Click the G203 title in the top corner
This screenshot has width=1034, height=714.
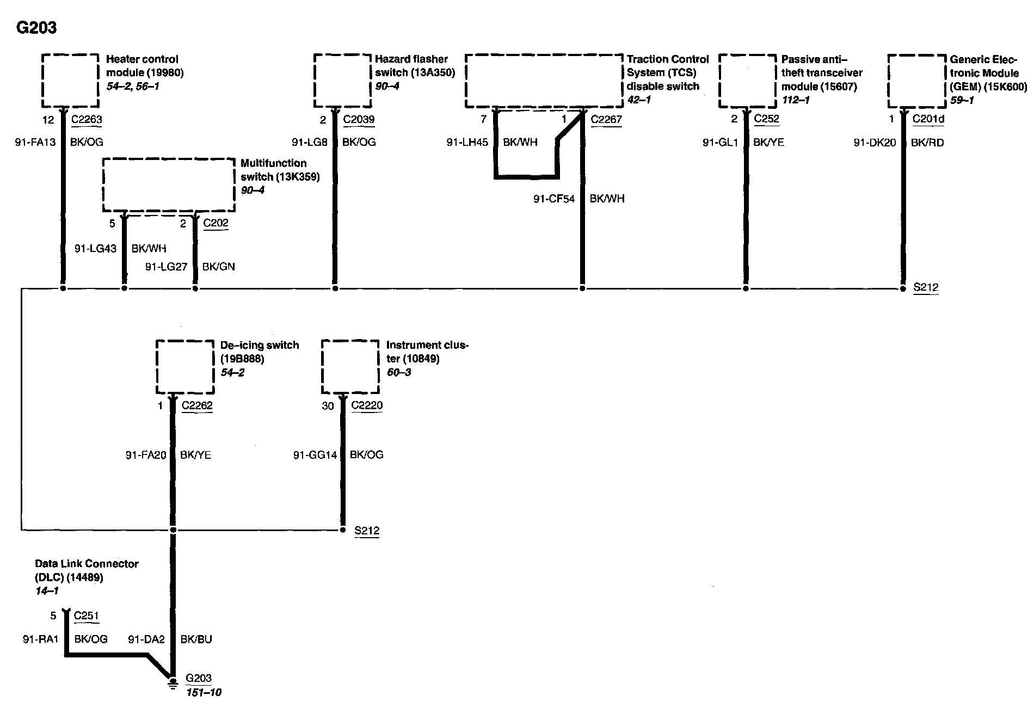tap(36, 28)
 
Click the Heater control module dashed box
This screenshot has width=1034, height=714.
tap(71, 81)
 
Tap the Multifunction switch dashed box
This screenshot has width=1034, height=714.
tap(169, 185)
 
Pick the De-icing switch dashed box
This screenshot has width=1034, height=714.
tap(185, 367)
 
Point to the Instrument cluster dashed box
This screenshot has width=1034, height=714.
tap(350, 367)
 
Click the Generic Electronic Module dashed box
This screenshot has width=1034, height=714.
tap(917, 81)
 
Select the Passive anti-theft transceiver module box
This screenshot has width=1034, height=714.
tap(748, 81)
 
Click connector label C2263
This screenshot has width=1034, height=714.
tap(87, 120)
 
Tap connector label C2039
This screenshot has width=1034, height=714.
tap(359, 120)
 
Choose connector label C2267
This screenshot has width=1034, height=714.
tap(606, 120)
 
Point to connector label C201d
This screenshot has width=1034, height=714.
tap(928, 119)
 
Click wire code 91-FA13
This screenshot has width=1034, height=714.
tap(35, 143)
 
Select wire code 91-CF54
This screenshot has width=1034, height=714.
tap(554, 199)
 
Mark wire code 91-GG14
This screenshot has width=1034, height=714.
tap(315, 455)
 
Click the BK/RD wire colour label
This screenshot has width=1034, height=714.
tap(927, 143)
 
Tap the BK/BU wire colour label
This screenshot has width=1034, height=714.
tap(196, 639)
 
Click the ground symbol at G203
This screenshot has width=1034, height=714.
tap(173, 682)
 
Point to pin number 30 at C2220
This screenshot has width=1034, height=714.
tap(328, 406)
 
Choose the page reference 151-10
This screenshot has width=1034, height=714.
tap(203, 693)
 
